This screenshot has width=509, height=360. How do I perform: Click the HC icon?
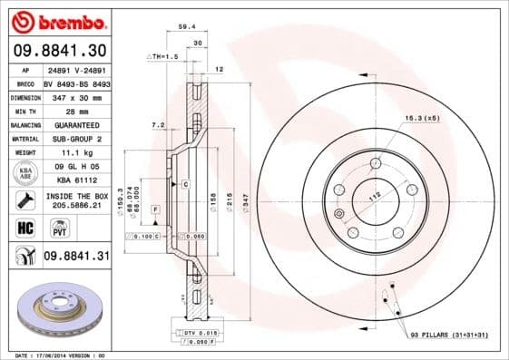pos(20,227)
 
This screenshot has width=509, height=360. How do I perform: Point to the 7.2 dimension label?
pos(156,124)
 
